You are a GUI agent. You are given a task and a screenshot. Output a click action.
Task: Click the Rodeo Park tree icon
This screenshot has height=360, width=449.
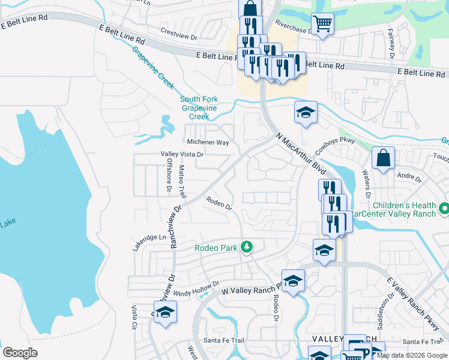tap(246, 246)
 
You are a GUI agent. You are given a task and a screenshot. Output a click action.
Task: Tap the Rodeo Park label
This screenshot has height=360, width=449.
tap(215, 247)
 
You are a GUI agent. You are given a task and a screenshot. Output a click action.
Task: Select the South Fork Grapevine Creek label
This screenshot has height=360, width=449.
tap(199, 108)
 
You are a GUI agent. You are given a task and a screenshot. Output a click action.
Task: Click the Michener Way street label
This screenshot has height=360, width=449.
tap(208, 143)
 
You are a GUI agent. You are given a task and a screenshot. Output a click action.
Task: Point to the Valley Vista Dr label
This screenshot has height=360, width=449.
tap(182, 154)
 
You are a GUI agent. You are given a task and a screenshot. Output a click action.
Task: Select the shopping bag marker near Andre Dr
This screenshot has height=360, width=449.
tap(383, 158)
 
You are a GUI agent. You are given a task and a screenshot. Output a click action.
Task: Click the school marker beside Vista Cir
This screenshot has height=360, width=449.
tap(165, 313)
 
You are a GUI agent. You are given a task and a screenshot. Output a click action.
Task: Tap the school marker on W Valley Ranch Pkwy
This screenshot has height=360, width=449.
tap(293, 281)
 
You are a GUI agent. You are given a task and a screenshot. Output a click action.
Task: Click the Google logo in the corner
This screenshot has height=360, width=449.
tap(20, 352)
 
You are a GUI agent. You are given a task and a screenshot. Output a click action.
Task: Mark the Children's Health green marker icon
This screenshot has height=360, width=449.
tap(444, 209)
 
